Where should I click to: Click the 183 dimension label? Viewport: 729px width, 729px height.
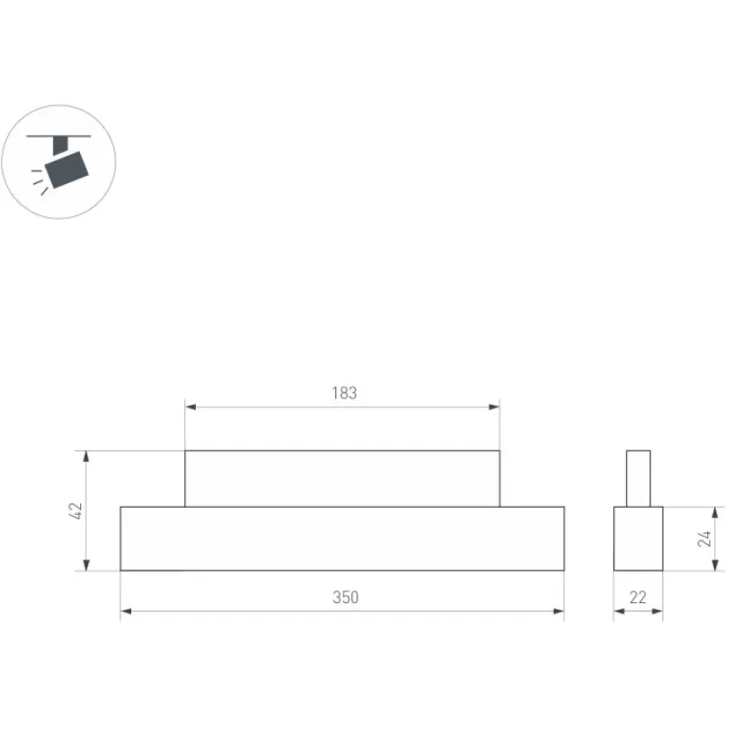point(344,394)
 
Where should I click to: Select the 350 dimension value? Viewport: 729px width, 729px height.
point(345,598)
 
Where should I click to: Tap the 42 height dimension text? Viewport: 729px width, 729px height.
point(75,510)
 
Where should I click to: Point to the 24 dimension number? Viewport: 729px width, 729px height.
point(704,539)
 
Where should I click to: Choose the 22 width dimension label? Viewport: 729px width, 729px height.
point(638,598)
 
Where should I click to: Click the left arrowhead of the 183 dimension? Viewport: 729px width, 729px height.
point(190,407)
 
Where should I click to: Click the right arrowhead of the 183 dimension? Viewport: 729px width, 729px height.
point(494,407)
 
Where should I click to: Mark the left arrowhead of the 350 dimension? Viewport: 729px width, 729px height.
point(126,611)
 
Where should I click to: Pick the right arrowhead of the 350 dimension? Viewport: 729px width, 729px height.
point(559,611)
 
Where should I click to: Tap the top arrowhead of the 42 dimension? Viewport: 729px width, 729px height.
point(86,457)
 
